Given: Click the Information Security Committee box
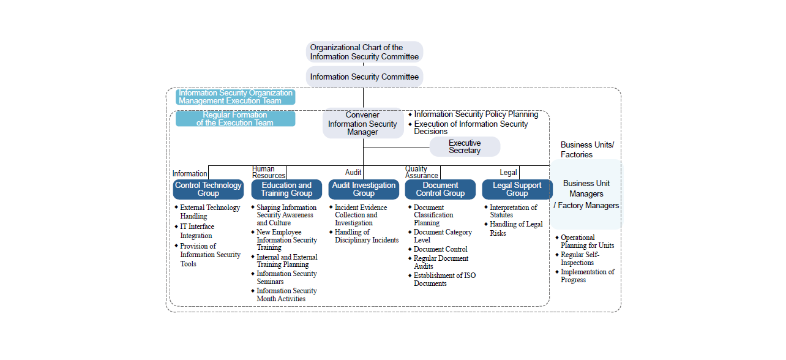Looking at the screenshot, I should pyautogui.click(x=364, y=77).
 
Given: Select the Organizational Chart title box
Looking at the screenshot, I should pyautogui.click(x=364, y=52).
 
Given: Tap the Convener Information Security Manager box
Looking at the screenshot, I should pyautogui.click(x=363, y=124).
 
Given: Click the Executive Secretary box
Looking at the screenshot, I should pyautogui.click(x=465, y=147).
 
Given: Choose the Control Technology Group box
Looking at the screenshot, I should pyautogui.click(x=208, y=189).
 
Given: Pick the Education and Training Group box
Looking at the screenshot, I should pyautogui.click(x=286, y=189).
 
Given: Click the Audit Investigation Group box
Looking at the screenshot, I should pyautogui.click(x=364, y=189).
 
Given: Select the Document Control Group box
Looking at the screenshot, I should pyautogui.click(x=440, y=189).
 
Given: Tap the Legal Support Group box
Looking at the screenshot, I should pyautogui.click(x=517, y=189).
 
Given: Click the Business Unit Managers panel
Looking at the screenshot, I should pyautogui.click(x=586, y=194).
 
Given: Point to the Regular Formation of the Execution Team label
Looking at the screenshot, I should pyautogui.click(x=235, y=119).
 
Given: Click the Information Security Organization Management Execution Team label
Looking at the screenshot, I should pyautogui.click(x=235, y=97).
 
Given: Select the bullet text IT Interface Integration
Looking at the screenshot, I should pyautogui.click(x=196, y=231).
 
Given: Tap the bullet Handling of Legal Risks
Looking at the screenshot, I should pyautogui.click(x=515, y=228).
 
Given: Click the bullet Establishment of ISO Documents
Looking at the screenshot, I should pyautogui.click(x=444, y=279).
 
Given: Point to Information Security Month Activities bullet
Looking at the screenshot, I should pyautogui.click(x=286, y=294).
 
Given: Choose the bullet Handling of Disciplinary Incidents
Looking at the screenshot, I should pyautogui.click(x=361, y=236).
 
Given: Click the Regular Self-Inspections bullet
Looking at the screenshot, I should pyautogui.click(x=580, y=258).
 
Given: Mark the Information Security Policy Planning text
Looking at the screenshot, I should pyautogui.click(x=476, y=114).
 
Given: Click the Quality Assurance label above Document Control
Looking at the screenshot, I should pyautogui.click(x=421, y=172).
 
